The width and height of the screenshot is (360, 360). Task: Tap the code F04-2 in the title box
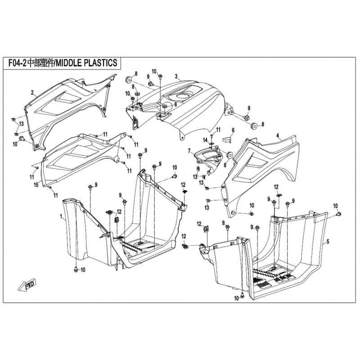18,63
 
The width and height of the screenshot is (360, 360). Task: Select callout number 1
61,216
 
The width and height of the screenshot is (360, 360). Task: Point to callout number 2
32,93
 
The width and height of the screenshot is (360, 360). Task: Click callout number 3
176,76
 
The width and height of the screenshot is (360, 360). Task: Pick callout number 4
278,136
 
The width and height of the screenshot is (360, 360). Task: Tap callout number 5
328,241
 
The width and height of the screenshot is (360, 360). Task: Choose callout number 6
233,130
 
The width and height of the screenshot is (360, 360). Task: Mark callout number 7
189,151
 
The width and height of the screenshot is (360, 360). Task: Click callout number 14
205,140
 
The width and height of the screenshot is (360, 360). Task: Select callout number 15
36,184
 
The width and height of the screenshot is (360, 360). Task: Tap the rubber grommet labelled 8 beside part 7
229,155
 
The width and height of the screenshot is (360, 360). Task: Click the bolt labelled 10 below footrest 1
76,269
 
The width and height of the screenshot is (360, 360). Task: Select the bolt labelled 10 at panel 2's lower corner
22,138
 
